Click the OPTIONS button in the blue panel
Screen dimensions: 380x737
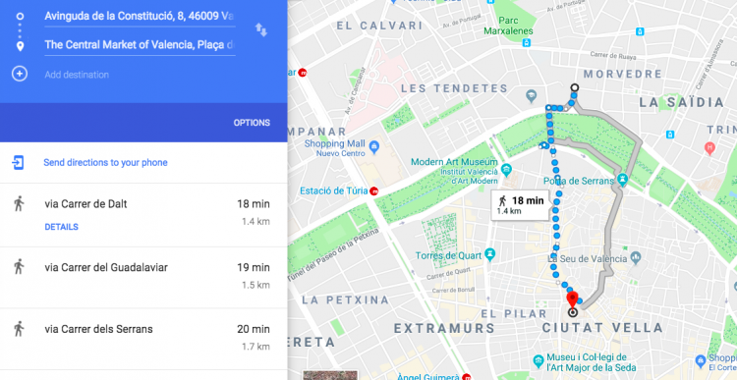(x=252, y=123)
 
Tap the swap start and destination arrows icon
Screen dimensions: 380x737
(x=260, y=29)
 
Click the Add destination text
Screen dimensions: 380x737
(x=77, y=75)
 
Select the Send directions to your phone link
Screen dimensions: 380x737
(x=105, y=162)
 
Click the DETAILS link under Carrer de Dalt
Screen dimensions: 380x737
(x=61, y=227)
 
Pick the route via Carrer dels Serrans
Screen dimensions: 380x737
(x=99, y=329)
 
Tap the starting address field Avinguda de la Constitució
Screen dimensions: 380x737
(x=138, y=17)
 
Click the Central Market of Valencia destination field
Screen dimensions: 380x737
(x=138, y=44)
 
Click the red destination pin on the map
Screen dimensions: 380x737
(x=572, y=299)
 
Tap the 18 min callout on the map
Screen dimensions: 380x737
(x=520, y=204)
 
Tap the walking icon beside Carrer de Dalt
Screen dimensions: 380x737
(x=18, y=204)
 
